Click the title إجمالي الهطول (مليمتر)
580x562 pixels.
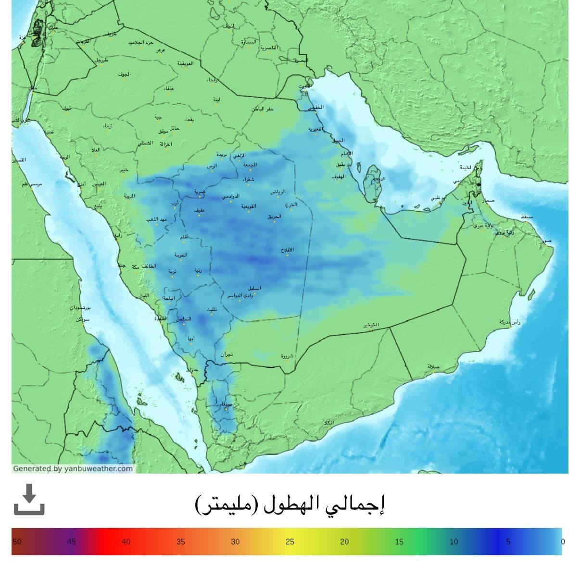(x=290, y=503)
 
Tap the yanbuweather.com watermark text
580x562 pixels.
(x=73, y=468)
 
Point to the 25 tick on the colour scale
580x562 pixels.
(x=290, y=541)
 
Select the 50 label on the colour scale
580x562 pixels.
(x=17, y=541)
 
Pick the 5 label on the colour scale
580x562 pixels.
(x=508, y=541)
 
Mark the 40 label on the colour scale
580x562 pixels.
(x=126, y=541)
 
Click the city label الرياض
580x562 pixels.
(x=277, y=192)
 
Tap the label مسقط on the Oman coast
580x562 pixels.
(x=526, y=217)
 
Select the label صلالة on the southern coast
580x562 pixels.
(x=433, y=367)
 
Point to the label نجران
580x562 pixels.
(x=227, y=354)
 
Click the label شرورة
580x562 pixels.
(x=287, y=356)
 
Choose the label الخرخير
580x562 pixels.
(x=371, y=325)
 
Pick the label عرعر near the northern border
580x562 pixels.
(x=161, y=50)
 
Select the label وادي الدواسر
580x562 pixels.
(x=240, y=295)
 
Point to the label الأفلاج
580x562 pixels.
(x=288, y=250)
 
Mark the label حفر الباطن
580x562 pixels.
(x=263, y=109)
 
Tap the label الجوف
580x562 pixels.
(x=124, y=74)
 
